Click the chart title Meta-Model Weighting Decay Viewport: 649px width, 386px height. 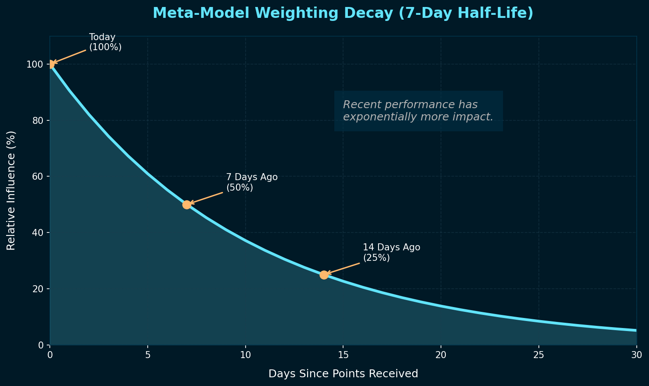coord(343,14)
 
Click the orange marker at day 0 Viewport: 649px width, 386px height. coord(51,65)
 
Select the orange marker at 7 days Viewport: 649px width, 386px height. coord(187,205)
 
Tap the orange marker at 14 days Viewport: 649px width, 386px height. coord(324,275)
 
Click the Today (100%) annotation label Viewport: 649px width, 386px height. coord(105,42)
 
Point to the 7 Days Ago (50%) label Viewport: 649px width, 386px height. coord(252,182)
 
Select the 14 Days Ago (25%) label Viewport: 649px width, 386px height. coord(391,253)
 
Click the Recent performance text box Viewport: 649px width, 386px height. coord(418,111)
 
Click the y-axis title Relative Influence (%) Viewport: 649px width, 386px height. coord(11,190)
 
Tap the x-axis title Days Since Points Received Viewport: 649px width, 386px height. coord(343,374)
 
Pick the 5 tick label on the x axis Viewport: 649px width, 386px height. coord(148,355)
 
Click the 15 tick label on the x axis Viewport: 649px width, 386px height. coord(343,355)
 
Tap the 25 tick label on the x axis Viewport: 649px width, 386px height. coord(538,355)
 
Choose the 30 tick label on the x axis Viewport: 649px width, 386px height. coord(636,355)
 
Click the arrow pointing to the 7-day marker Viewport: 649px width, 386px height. coord(206,198)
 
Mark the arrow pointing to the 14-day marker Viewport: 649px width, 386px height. coord(343,268)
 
